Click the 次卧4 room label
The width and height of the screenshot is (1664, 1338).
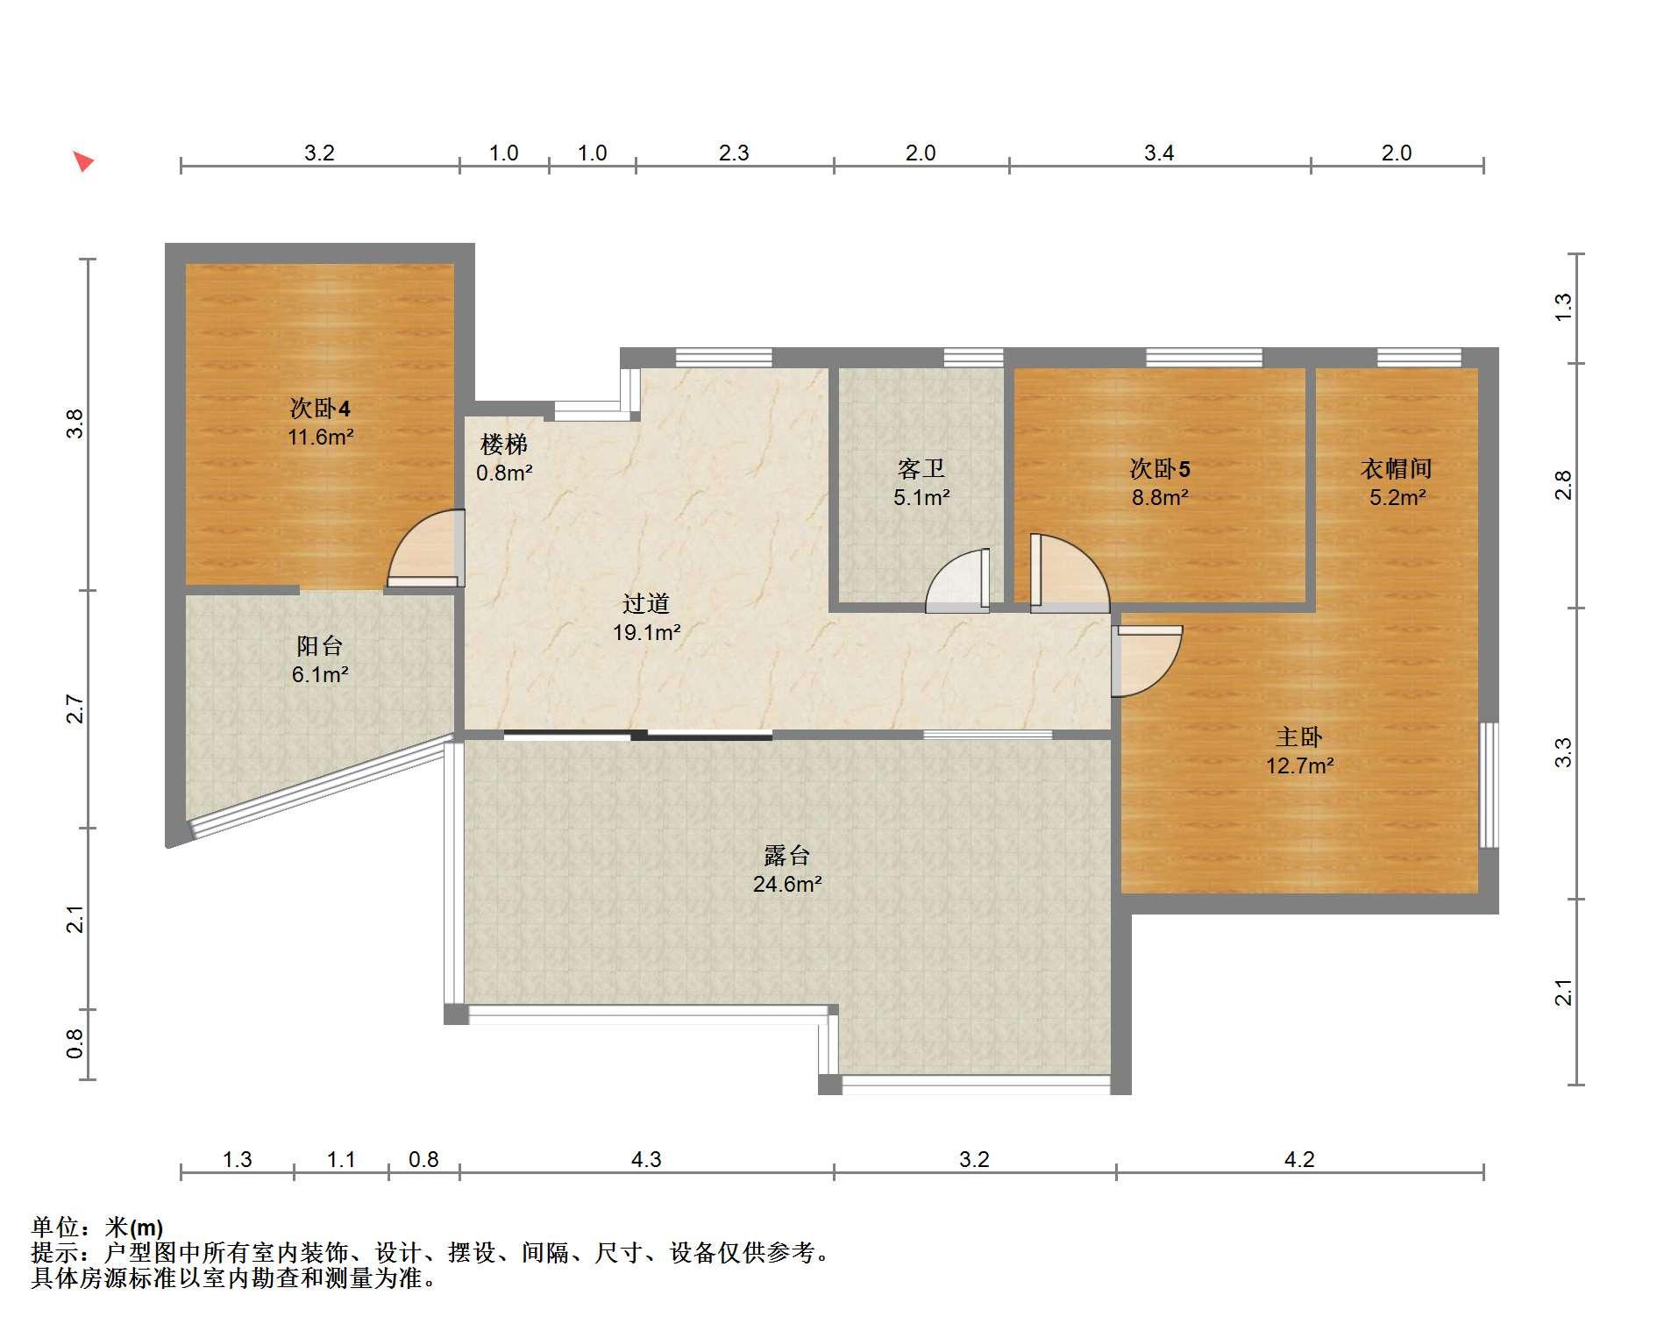[x=320, y=409]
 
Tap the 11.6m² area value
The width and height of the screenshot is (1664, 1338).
[x=320, y=437]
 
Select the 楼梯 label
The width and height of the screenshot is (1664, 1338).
[x=504, y=445]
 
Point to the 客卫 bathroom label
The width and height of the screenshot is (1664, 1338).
[x=921, y=469]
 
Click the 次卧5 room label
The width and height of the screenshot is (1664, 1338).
[x=1160, y=469]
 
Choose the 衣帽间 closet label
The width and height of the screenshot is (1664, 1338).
[x=1397, y=469]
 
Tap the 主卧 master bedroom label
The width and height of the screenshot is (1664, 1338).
[x=1299, y=737]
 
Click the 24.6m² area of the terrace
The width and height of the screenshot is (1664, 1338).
[x=787, y=884]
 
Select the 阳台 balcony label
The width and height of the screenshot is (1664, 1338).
[x=319, y=646]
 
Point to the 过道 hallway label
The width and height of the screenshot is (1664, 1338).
[x=646, y=603]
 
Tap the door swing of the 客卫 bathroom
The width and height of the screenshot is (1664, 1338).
[x=957, y=580]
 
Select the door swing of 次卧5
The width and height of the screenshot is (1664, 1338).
[x=1070, y=573]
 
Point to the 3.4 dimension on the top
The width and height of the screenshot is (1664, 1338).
[x=1159, y=153]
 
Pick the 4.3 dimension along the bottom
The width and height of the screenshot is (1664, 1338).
[x=646, y=1160]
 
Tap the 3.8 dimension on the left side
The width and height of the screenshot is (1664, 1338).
[x=76, y=424]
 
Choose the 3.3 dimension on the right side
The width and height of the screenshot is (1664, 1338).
[x=1563, y=753]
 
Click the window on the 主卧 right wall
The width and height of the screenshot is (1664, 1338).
[x=1489, y=785]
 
